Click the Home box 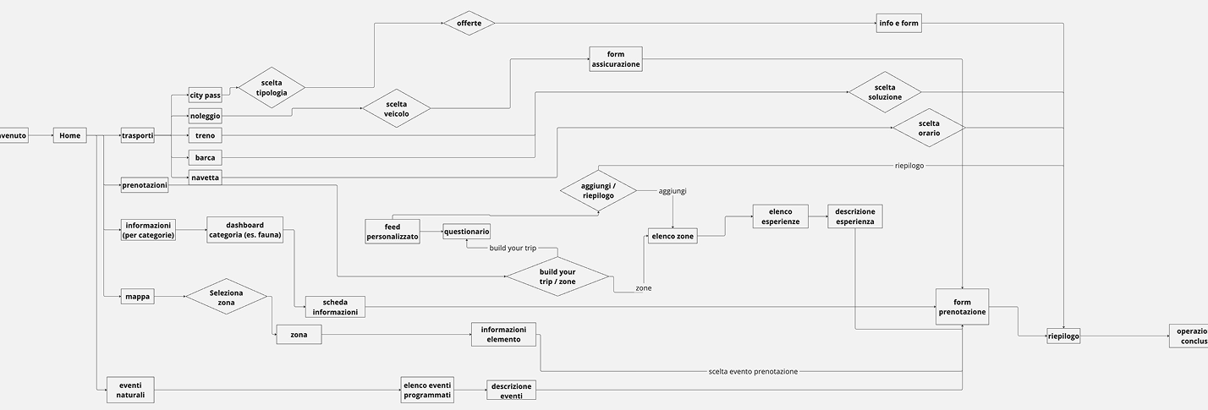pyautogui.click(x=69, y=135)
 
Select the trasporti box pyautogui.click(x=137, y=135)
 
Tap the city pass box pyautogui.click(x=205, y=95)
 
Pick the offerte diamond pyautogui.click(x=469, y=23)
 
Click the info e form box pyautogui.click(x=898, y=23)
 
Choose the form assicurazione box pyautogui.click(x=616, y=59)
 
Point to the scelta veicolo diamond pyautogui.click(x=396, y=108)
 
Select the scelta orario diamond pyautogui.click(x=929, y=128)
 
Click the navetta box pyautogui.click(x=205, y=177)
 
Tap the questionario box pyautogui.click(x=466, y=231)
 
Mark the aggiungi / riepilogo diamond pyautogui.click(x=598, y=190)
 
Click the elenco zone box pyautogui.click(x=673, y=237)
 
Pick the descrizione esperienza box pyautogui.click(x=854, y=216)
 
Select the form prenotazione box pyautogui.click(x=962, y=306)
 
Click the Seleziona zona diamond pyautogui.click(x=226, y=297)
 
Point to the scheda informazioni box pyautogui.click(x=334, y=306)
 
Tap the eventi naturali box pyautogui.click(x=130, y=390)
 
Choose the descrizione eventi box pyautogui.click(x=511, y=390)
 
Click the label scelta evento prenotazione pyautogui.click(x=752, y=371)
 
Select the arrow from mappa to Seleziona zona pyautogui.click(x=169, y=297)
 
